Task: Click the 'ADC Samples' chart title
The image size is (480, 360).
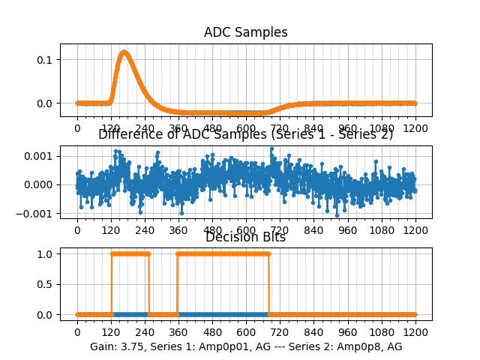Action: pyautogui.click(x=245, y=32)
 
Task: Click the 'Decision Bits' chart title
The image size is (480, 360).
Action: pyautogui.click(x=245, y=238)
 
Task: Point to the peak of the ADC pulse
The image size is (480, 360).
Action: pyautogui.click(x=124, y=52)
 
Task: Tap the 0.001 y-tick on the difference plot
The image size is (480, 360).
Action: pyautogui.click(x=41, y=156)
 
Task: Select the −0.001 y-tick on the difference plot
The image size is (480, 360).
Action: pyautogui.click(x=39, y=213)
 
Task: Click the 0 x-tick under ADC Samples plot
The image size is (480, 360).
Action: pyautogui.click(x=76, y=129)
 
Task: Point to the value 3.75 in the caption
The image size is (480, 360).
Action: pyautogui.click(x=134, y=346)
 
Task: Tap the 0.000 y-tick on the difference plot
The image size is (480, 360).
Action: pyautogui.click(x=41, y=184)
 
